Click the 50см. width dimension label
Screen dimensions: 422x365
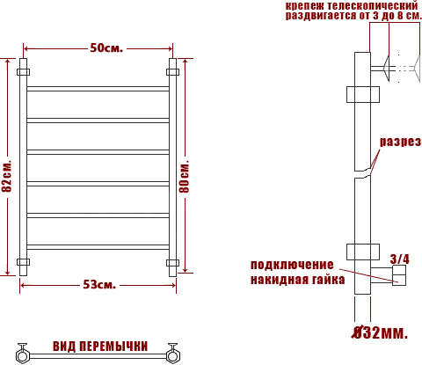pos(106,48)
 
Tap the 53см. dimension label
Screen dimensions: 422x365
pos(99,285)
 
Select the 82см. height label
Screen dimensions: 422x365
pos(7,176)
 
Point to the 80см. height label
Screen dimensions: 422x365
pos(185,177)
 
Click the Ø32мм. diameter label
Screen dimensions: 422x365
pos(380,332)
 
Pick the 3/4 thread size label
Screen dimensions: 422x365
pos(400,259)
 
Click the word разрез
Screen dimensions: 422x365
pos(401,142)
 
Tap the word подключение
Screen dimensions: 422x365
pos(292,265)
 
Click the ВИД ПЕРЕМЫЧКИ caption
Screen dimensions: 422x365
pos(100,347)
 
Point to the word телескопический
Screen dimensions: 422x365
pos(373,6)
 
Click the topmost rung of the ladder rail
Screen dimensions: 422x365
pos(98,89)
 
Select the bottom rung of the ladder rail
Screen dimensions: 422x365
pos(98,247)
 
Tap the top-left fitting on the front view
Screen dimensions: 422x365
pos(23,72)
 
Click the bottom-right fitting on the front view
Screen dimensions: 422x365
pos(172,263)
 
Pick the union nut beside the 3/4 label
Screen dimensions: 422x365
pos(399,275)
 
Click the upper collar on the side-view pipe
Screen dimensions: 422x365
pos(363,94)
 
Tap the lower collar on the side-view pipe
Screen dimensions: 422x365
pos(363,252)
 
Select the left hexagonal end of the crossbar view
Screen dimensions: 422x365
pos(22,355)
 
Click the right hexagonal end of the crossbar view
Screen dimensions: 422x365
pos(172,355)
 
